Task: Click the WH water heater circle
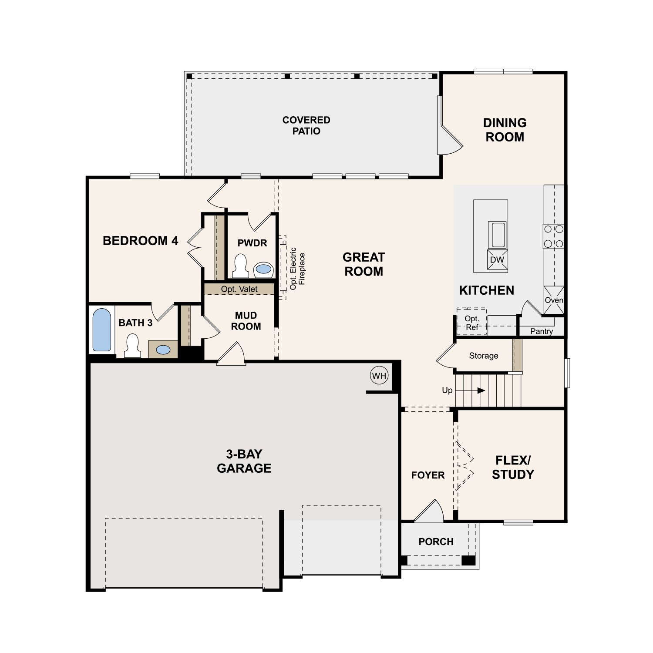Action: pyautogui.click(x=379, y=376)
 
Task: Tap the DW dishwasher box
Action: pyautogui.click(x=497, y=260)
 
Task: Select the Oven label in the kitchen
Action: pyautogui.click(x=554, y=300)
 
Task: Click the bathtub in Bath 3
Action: pyautogui.click(x=102, y=330)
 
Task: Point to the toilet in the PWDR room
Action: pyautogui.click(x=240, y=266)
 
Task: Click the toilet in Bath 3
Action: pyautogui.click(x=132, y=346)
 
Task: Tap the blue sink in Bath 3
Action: pyautogui.click(x=163, y=349)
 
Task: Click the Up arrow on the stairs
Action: pyautogui.click(x=470, y=390)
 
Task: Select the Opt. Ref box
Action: pyautogui.click(x=471, y=322)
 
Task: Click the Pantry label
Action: pyautogui.click(x=542, y=331)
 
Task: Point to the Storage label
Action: pyautogui.click(x=484, y=356)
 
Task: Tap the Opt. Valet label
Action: pyautogui.click(x=239, y=289)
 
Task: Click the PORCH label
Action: pyautogui.click(x=436, y=542)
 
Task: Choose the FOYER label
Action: pyautogui.click(x=428, y=475)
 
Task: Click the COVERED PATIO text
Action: pyautogui.click(x=306, y=125)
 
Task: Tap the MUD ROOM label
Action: pyautogui.click(x=246, y=321)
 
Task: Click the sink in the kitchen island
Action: pyautogui.click(x=498, y=235)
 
